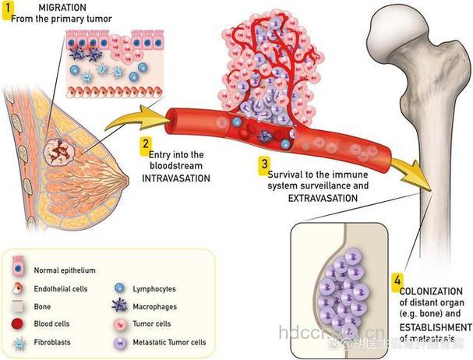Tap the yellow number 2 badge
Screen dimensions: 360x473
click(145, 143)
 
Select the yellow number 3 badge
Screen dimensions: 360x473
click(264, 164)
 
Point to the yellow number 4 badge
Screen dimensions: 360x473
click(398, 279)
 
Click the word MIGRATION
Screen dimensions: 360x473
click(51, 7)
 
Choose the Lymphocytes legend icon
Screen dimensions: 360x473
click(122, 288)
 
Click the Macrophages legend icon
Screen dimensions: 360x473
click(122, 305)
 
